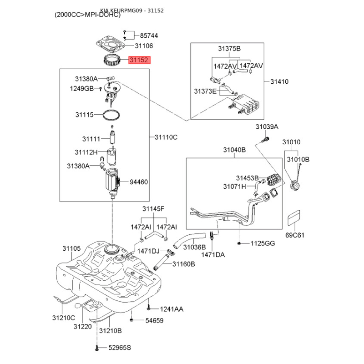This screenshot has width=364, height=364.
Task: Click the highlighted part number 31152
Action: (x=140, y=60)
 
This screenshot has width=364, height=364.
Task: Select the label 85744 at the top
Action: (x=149, y=35)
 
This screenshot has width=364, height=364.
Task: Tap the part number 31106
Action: (x=144, y=46)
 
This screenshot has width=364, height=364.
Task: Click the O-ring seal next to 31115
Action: (x=111, y=115)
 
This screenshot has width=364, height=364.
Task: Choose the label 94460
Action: (x=139, y=182)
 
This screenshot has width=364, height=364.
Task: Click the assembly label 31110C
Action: (x=166, y=137)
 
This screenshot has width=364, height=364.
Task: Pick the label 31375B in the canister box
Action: (x=229, y=49)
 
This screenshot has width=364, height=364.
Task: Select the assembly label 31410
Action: (x=279, y=82)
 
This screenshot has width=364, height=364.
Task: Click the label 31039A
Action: (x=267, y=126)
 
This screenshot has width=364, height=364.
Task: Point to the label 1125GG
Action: (x=263, y=244)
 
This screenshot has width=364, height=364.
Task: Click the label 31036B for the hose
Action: (x=195, y=247)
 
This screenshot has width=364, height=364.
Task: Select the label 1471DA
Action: (x=213, y=255)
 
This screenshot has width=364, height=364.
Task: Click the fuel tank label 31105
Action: (x=71, y=248)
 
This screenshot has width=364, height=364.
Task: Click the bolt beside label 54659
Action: (x=131, y=320)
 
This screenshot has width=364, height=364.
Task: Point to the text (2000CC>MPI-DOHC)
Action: (x=87, y=15)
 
